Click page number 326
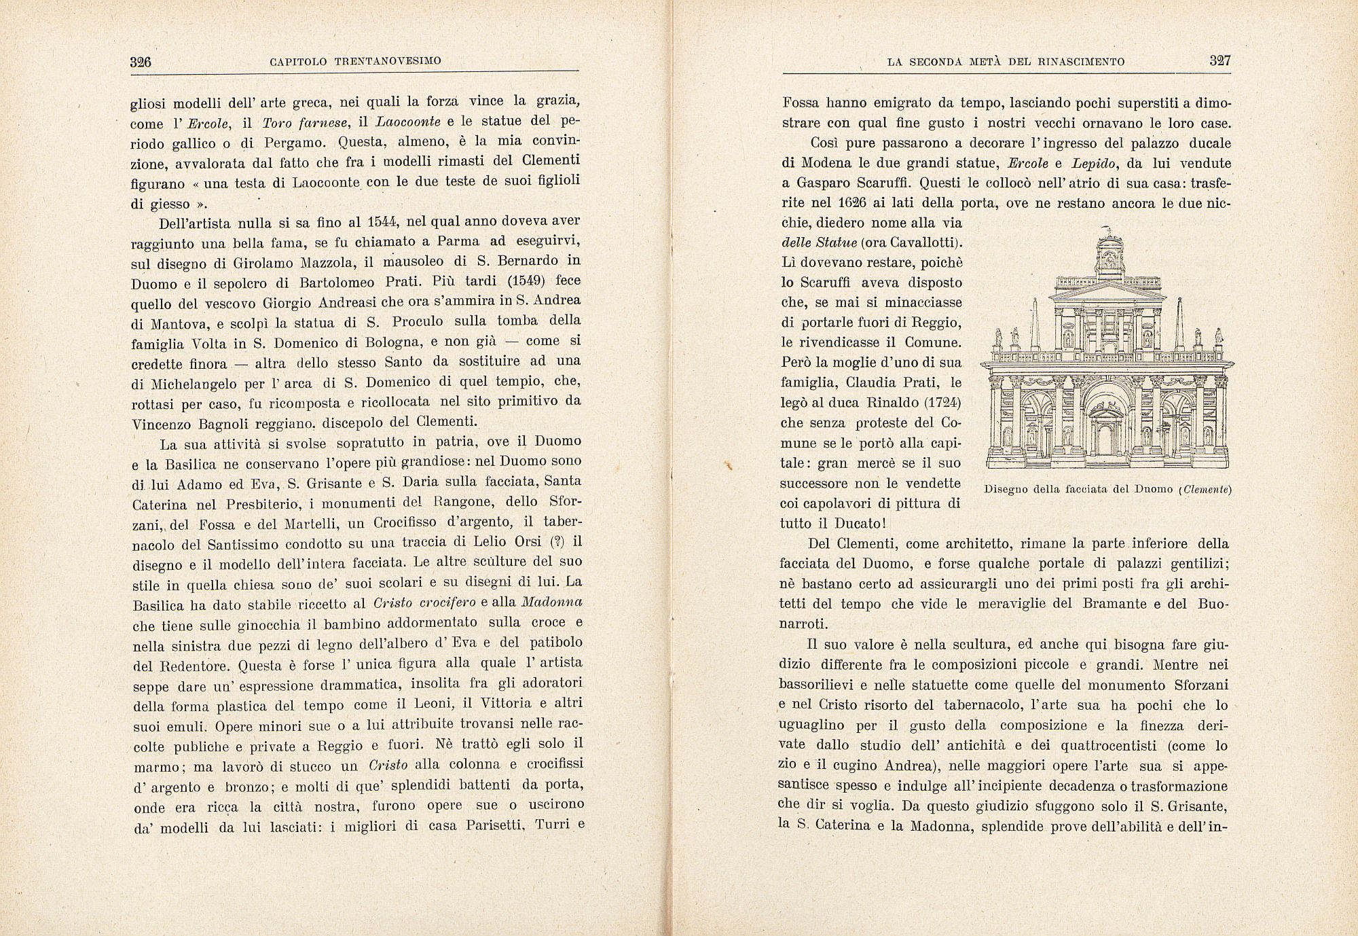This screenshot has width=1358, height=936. coord(140,62)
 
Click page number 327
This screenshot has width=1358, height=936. coord(1220,61)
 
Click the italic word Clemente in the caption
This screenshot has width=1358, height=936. coord(1206,489)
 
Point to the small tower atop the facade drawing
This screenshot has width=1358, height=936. coord(1108,254)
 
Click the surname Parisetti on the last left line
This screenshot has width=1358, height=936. coord(497,826)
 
